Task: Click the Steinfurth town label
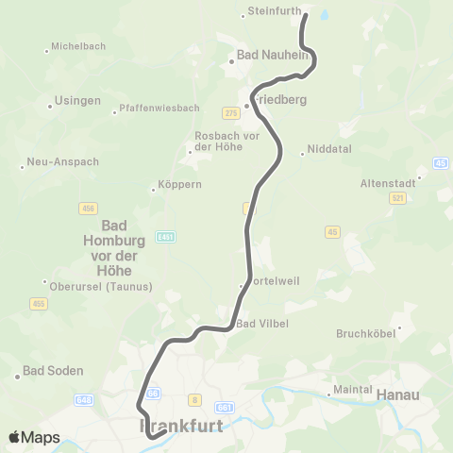273,12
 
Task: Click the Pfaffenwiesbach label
154,111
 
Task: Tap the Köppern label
181,185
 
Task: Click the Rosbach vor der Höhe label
226,141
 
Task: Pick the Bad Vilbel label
262,324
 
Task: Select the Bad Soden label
53,371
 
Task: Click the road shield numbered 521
396,198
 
